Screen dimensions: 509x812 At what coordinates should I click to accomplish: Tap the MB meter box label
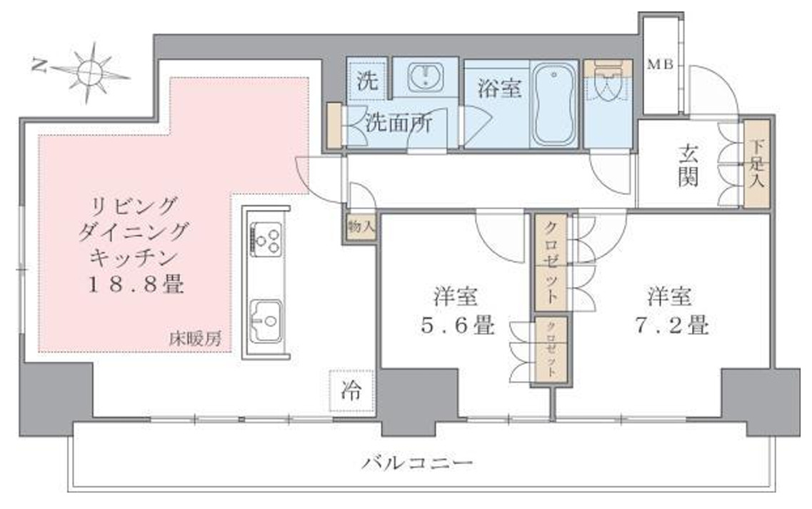coord(660,65)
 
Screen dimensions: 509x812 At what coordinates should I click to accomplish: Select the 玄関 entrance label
coord(688,166)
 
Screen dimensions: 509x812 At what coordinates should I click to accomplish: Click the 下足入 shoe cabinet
coord(756,164)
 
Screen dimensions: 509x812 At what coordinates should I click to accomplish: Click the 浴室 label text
coord(498,89)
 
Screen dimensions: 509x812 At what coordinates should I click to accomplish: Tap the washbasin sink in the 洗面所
coord(426,76)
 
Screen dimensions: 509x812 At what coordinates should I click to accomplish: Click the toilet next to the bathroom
coord(608,89)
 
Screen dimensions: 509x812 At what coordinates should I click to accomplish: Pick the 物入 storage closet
coord(360,228)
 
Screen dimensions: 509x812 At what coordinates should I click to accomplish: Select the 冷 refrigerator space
coord(351,391)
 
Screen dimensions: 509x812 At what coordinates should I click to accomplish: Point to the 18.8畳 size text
coord(135,286)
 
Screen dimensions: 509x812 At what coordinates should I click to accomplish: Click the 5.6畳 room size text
coord(454,326)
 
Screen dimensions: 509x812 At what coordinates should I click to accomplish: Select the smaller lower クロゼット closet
coord(551,351)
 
